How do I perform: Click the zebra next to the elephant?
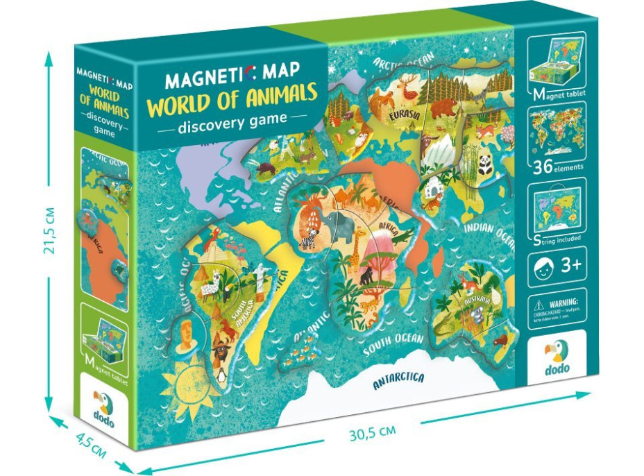[x=308, y=239]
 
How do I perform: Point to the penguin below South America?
[x=221, y=375]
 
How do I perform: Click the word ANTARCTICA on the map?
[x=398, y=380]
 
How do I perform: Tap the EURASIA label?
[x=404, y=115]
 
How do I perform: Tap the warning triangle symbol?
[x=537, y=303]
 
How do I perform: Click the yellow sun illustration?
[x=180, y=381]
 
